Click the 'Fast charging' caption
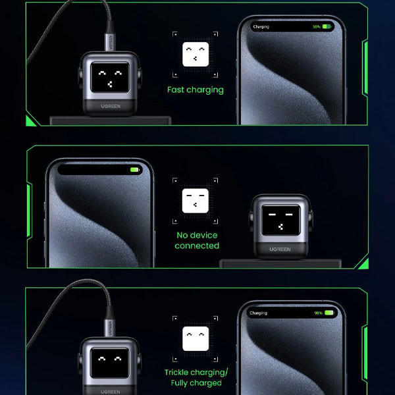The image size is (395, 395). click(x=196, y=90)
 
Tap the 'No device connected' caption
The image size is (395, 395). click(x=197, y=240)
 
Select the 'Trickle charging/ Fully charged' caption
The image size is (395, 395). click(x=196, y=377)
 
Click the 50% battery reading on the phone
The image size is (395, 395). click(x=317, y=27)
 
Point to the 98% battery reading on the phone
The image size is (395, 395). click(x=318, y=313)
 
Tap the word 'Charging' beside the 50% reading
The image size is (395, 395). click(x=261, y=27)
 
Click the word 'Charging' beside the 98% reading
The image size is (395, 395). click(x=258, y=313)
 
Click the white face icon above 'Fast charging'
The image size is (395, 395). click(x=196, y=54)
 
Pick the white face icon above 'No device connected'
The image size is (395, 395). click(x=196, y=201)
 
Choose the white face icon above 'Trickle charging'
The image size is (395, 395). click(x=196, y=338)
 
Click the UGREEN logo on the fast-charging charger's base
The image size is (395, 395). click(x=111, y=106)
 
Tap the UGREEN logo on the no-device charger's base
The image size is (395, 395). click(x=280, y=249)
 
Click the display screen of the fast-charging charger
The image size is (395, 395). click(x=110, y=77)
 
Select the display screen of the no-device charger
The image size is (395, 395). click(x=280, y=220)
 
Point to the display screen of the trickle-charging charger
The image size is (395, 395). click(x=110, y=363)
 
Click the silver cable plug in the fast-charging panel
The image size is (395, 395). click(x=110, y=42)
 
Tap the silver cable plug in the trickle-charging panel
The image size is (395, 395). click(x=109, y=328)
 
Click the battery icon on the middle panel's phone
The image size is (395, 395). click(x=135, y=170)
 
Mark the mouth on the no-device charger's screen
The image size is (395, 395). click(x=280, y=227)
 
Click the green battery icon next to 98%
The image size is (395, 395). click(x=330, y=313)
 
